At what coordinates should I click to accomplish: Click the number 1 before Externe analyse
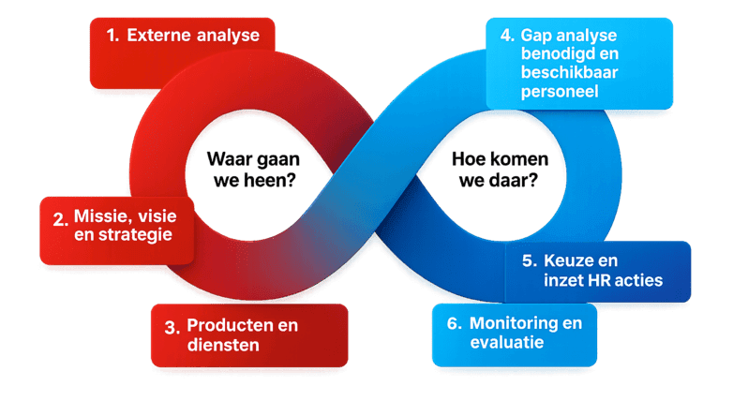[112, 36]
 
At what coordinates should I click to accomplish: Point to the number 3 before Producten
[171, 327]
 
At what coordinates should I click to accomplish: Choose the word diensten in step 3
[222, 345]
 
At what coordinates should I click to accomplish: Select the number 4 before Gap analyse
[506, 36]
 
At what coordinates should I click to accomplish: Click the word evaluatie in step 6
[506, 342]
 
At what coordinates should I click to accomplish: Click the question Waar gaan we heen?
[252, 169]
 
